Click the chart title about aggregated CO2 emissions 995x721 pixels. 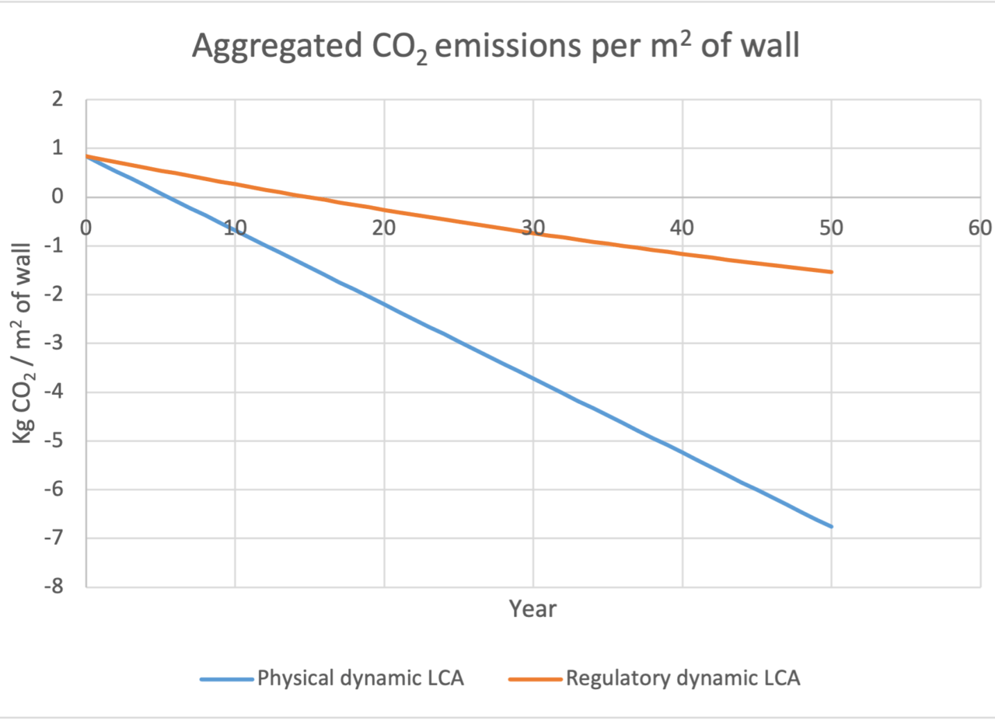click(496, 48)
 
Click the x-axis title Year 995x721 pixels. click(532, 608)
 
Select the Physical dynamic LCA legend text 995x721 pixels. click(361, 678)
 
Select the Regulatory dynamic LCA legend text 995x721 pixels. click(683, 678)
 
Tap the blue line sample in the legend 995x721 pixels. click(227, 679)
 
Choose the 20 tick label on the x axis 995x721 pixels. click(384, 228)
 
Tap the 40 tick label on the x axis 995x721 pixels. click(682, 228)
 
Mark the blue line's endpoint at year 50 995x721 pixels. click(831, 526)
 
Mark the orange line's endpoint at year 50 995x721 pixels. click(831, 272)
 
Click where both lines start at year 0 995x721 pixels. click(87, 156)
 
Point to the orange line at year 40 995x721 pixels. click(683, 253)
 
